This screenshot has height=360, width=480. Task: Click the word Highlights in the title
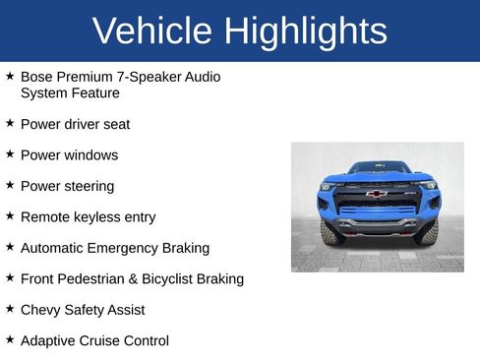tap(304, 31)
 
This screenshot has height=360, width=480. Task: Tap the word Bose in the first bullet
tap(36, 77)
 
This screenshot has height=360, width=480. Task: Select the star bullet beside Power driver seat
tap(10, 124)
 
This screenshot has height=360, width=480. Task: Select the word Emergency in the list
tap(125, 248)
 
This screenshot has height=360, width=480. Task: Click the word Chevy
tap(40, 310)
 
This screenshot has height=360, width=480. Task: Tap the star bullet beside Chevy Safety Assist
tap(10, 309)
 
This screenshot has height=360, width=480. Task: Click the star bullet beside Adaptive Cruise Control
tap(10, 339)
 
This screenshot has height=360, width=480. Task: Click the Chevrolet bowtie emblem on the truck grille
tap(376, 194)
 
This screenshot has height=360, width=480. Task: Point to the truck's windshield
tap(378, 168)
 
